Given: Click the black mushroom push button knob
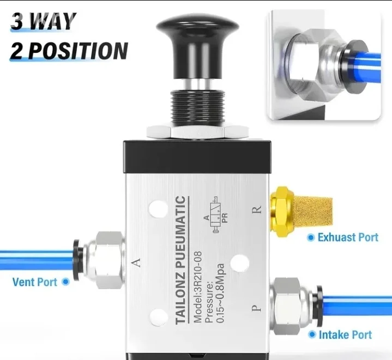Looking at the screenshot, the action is coord(197,47).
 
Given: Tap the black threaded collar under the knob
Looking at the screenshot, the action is coord(197,108).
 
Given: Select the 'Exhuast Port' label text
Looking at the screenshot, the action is coord(348,237).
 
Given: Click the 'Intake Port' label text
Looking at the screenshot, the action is coord(345,335).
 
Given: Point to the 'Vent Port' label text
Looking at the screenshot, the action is coord(35,282).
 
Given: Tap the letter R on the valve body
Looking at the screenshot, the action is coord(257,209).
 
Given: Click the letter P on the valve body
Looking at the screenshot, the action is coord(256,308).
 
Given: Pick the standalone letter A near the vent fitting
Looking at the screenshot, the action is coord(136,263).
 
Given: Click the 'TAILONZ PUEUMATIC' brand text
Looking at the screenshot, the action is coord(181,260).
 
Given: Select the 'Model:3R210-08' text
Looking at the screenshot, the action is coord(197,287).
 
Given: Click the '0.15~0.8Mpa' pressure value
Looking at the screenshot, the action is coord(220,293).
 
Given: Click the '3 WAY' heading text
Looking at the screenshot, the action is coord(43,21).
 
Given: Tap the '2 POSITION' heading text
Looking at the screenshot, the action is coord(69,51).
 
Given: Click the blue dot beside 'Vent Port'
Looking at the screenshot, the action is coord(65,282).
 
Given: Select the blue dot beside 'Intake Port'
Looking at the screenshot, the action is coord(312,334).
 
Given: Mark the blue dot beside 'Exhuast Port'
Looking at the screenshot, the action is coord(311,237).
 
